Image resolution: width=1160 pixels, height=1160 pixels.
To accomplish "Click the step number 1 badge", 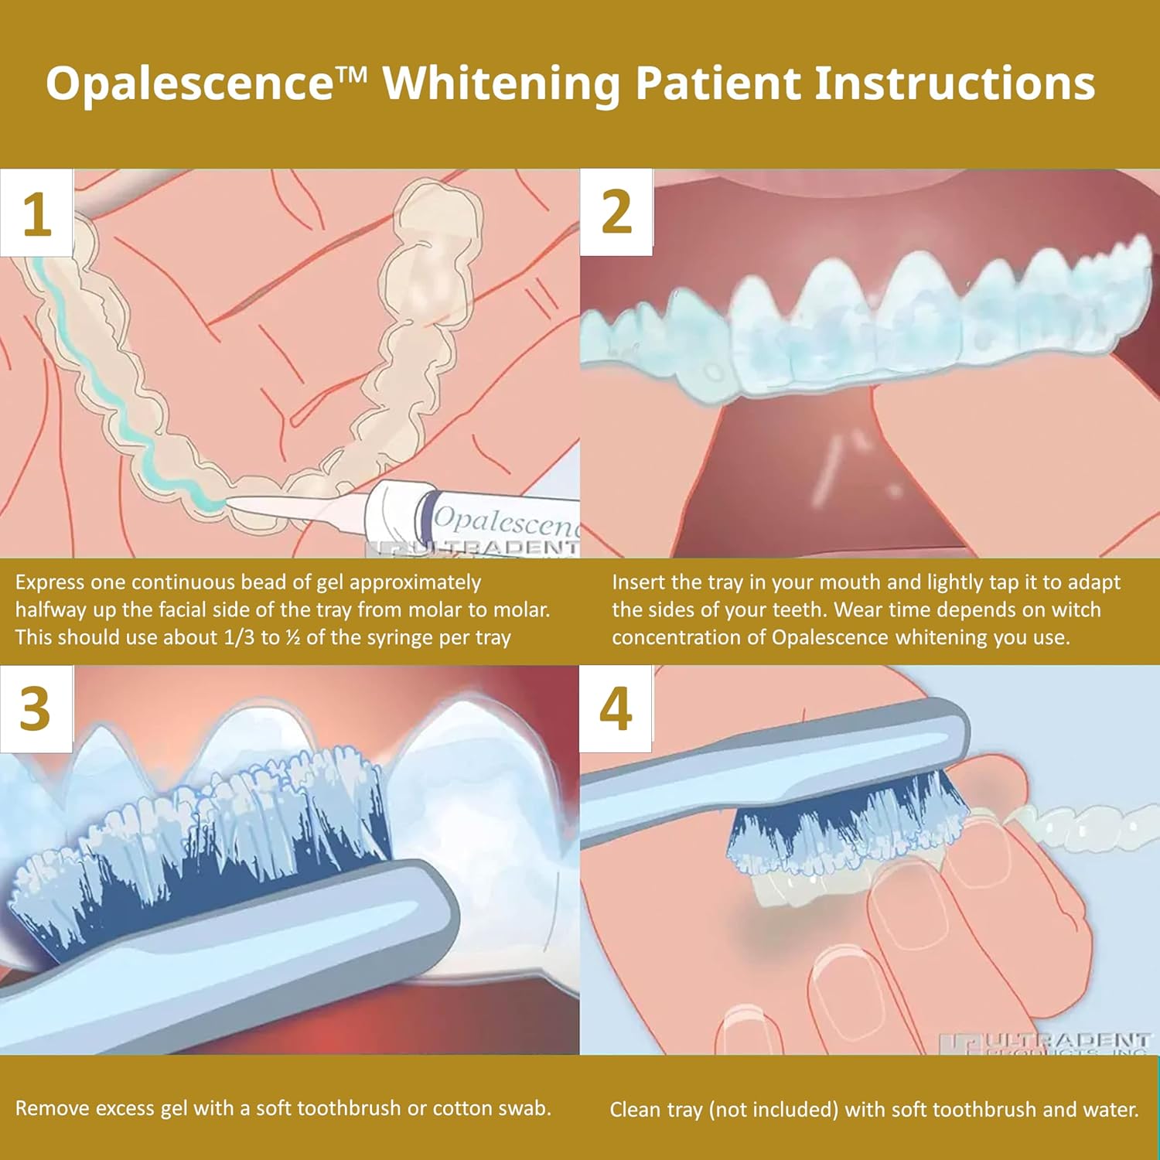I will [36, 213].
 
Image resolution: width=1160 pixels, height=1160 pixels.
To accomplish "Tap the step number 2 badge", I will [616, 212].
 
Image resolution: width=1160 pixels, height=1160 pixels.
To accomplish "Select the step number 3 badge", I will [36, 708].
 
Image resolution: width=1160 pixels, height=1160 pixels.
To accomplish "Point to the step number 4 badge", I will [616, 708].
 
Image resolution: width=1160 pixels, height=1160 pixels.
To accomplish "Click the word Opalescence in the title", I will [189, 83].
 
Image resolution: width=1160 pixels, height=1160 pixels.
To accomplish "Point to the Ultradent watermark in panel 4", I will [1067, 1042].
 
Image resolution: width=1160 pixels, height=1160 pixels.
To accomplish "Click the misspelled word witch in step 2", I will [1074, 609].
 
